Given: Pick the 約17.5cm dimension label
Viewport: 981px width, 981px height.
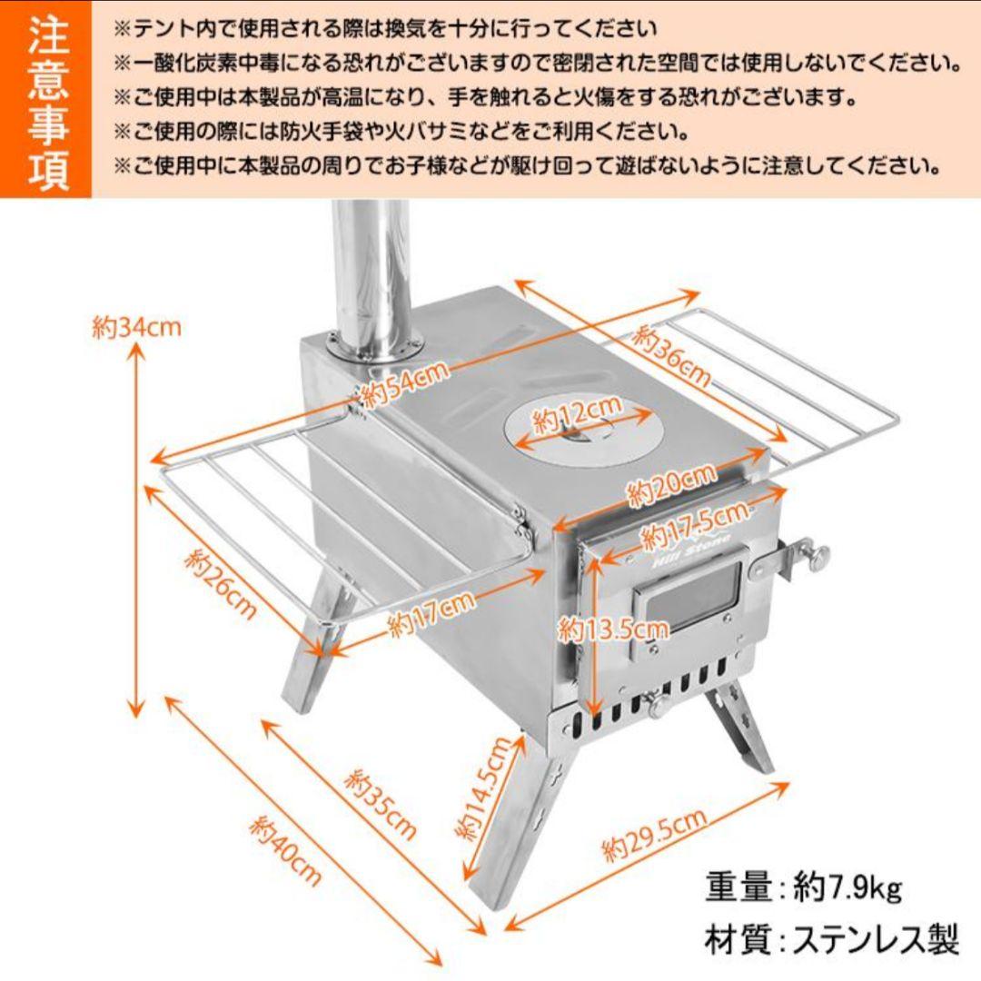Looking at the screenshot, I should pyautogui.click(x=695, y=527).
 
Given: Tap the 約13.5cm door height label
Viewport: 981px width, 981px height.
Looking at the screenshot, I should pyautogui.click(x=613, y=628).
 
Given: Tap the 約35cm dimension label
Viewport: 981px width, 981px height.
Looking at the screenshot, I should pyautogui.click(x=381, y=805).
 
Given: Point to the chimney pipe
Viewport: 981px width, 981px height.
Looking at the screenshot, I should pyautogui.click(x=372, y=272).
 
